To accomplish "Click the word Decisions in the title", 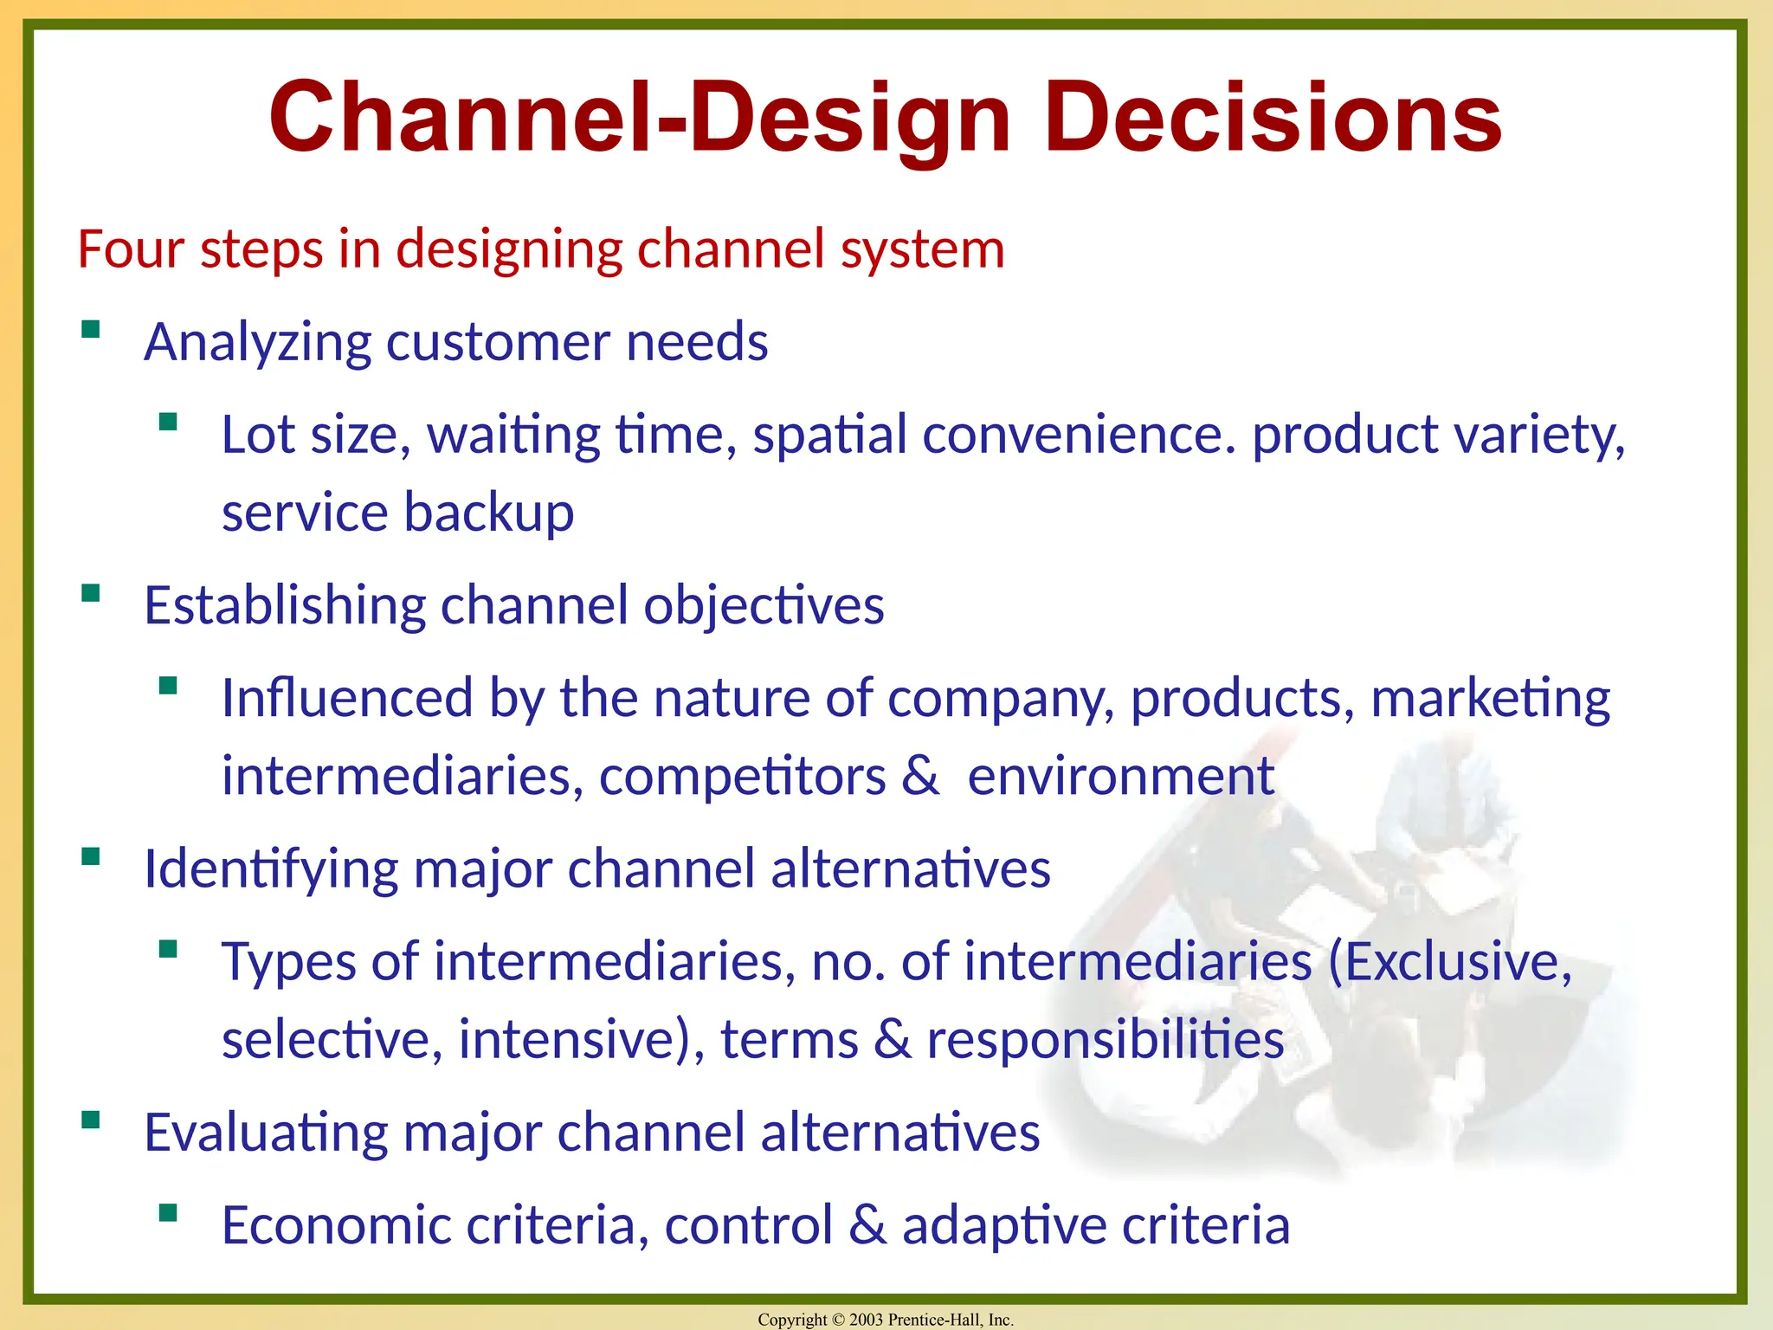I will click(x=1273, y=117).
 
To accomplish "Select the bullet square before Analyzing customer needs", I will click(x=91, y=330).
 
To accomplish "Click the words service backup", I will click(x=397, y=513).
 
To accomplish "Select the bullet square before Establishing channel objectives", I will click(x=91, y=594).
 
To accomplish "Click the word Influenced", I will click(x=347, y=698).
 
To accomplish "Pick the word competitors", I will click(x=742, y=776).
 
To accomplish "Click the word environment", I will click(x=1120, y=776).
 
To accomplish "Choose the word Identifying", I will click(x=271, y=869).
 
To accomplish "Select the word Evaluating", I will click(x=266, y=1133).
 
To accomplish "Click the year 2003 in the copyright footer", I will click(x=866, y=1320).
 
